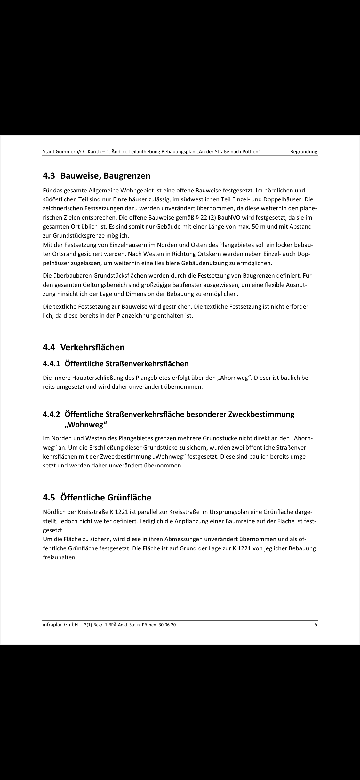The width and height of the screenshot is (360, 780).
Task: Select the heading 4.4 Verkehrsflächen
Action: [84, 347]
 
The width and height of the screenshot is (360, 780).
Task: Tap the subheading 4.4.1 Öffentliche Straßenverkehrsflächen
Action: [116, 364]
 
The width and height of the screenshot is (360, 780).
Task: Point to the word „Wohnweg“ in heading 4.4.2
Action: [84, 425]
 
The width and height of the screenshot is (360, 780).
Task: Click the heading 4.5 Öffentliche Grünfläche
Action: [97, 497]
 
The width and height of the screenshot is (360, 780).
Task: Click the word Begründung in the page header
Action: [304, 152]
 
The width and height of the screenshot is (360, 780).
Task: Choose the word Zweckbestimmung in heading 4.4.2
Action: [261, 414]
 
